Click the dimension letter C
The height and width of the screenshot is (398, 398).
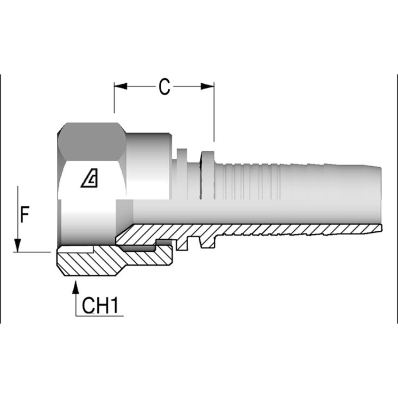[164, 87]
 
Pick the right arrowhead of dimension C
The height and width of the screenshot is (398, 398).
[207, 86]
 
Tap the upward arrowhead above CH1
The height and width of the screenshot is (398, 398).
[76, 287]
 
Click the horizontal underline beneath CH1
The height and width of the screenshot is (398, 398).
[99, 316]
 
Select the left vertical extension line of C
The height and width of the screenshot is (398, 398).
[114, 99]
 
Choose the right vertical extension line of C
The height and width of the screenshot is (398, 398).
[214, 114]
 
